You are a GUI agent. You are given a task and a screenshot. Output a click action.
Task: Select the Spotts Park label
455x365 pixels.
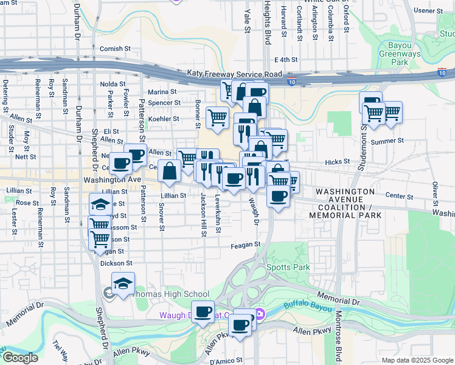pyautogui.click(x=288, y=267)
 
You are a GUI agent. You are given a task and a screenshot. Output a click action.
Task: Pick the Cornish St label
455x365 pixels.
pyautogui.click(x=116, y=48)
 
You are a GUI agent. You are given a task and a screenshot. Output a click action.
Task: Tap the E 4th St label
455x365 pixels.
pyautogui.click(x=285, y=60)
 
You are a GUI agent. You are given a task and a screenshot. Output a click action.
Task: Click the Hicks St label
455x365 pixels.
pyautogui.click(x=335, y=162)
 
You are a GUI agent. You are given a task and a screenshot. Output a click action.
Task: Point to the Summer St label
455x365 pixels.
pyautogui.click(x=387, y=141)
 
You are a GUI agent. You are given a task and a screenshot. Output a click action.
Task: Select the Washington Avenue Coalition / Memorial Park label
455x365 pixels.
pyautogui.click(x=345, y=203)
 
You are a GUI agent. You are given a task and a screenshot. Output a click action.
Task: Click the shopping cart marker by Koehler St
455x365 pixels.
pyautogui.click(x=217, y=116)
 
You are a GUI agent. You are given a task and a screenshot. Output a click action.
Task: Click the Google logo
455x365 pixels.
pyautogui.click(x=19, y=357)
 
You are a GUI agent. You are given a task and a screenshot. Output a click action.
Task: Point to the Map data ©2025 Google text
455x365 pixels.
pyautogui.click(x=417, y=360)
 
